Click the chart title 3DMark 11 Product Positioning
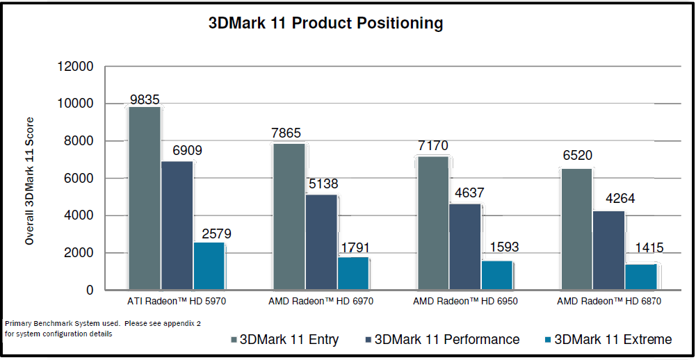(325, 23)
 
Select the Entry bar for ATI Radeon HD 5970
(145, 198)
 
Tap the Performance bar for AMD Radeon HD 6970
(321, 242)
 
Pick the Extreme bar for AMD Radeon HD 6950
(497, 275)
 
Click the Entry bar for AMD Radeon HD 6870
(576, 229)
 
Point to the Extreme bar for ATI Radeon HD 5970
(209, 265)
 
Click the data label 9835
(145, 98)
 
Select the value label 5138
(321, 186)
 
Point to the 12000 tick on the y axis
(74, 67)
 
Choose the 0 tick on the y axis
(89, 291)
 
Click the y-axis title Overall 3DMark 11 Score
(29, 181)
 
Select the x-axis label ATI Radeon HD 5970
(177, 302)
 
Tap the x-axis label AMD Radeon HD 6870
(609, 302)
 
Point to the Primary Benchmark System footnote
(103, 328)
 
